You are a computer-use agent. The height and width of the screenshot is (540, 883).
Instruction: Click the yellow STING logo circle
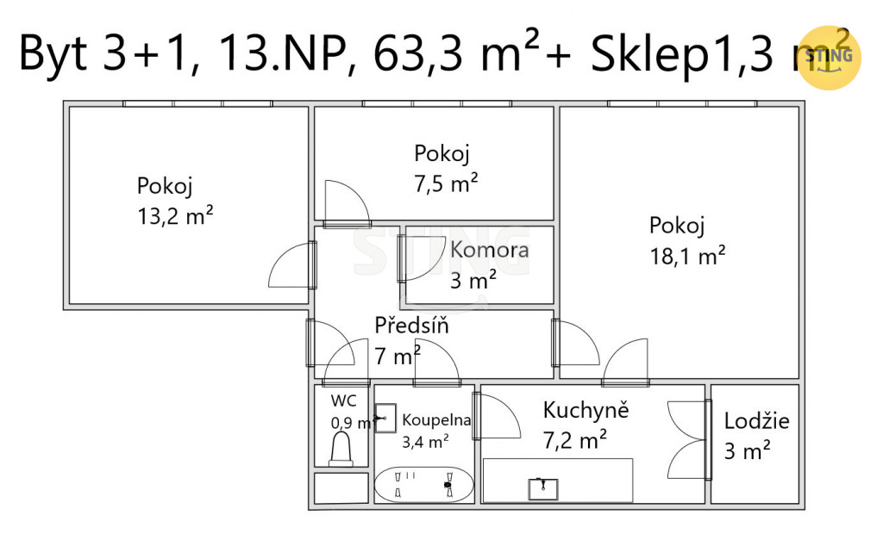pos(830,58)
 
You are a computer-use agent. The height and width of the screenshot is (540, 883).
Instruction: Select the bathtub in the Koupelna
pos(423,484)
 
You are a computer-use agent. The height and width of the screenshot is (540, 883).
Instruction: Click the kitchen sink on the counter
pos(543,489)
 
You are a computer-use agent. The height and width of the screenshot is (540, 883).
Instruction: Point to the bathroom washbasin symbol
pos(385,418)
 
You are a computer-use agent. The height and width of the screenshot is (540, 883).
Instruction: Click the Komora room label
pos(490,250)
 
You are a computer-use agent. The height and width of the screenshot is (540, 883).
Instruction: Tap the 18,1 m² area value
pos(687,257)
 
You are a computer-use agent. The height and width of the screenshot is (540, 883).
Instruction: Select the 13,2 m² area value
pos(175,216)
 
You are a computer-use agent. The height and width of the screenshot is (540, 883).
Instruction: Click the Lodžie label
pos(756,421)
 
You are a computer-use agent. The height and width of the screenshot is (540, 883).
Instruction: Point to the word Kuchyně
pos(586,410)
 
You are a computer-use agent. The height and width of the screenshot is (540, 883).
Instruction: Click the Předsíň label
pos(411,326)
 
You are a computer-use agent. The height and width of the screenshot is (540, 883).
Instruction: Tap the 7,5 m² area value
pos(446,184)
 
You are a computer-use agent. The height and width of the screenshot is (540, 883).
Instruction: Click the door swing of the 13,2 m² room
pos(290,264)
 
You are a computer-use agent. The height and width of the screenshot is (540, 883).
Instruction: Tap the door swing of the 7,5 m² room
pos(348,202)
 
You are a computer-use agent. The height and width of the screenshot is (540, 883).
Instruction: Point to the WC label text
pos(343,400)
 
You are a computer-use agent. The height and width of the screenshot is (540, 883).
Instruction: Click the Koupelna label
pos(436,419)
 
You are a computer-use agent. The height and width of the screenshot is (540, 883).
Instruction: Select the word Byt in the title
pos(53,54)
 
